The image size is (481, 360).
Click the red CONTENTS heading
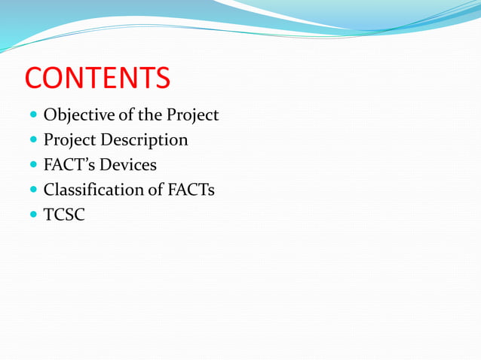(98, 78)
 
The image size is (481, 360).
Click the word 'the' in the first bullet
(150, 115)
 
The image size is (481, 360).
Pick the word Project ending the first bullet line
(192, 116)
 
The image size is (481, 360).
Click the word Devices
(130, 164)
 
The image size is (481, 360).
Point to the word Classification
(93, 189)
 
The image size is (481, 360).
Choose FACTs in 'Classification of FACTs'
(191, 189)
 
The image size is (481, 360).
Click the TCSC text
(64, 214)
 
